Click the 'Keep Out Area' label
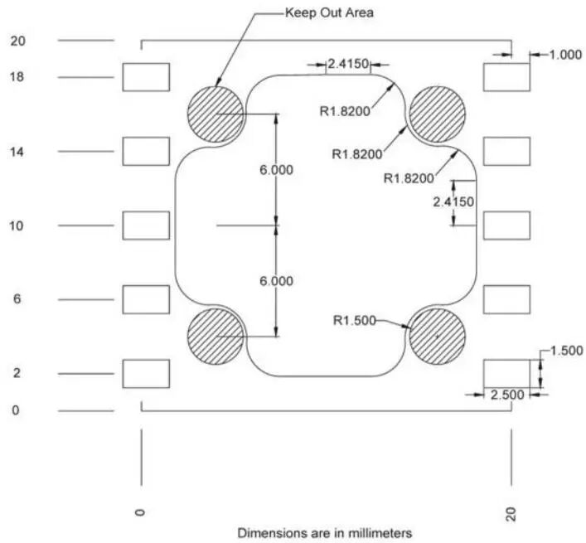329,12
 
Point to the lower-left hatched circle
216,336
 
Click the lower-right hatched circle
437,336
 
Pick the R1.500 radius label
354,319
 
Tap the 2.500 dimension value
506,395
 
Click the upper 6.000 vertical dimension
276,169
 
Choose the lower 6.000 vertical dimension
276,281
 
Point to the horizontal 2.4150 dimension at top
348,63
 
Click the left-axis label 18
17,77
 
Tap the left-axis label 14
17,152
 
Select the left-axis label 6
17,298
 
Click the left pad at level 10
146,225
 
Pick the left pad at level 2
146,373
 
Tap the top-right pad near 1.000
506,77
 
